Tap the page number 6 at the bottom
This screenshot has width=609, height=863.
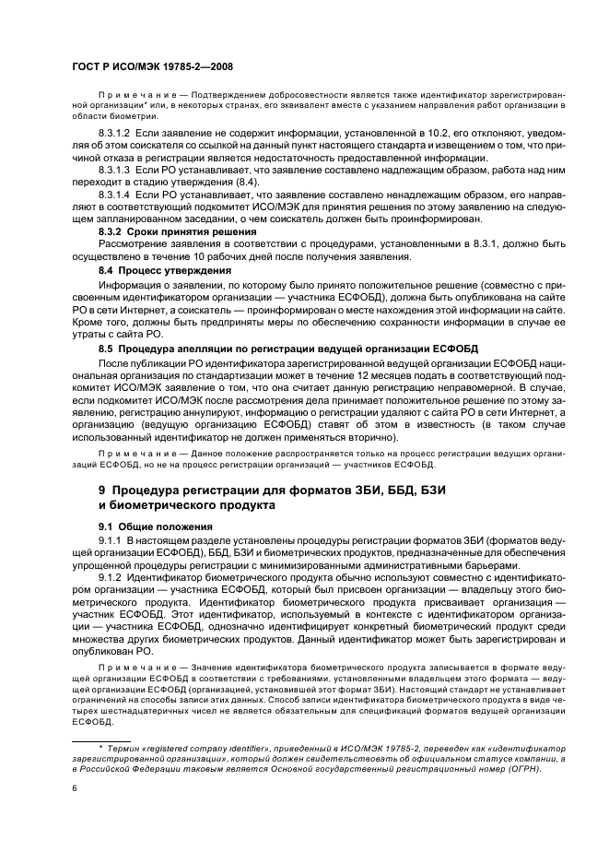click(x=75, y=787)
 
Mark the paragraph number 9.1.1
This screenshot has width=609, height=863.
click(x=111, y=538)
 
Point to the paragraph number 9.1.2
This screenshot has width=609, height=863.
click(x=111, y=576)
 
